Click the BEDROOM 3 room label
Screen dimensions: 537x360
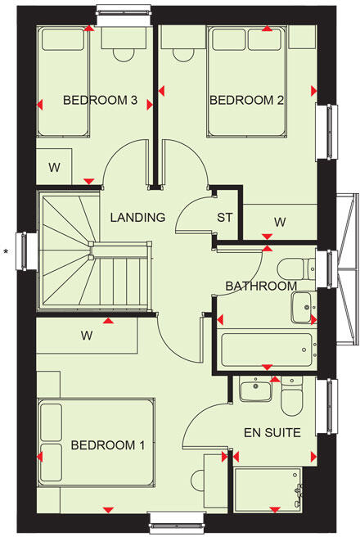coord(100,101)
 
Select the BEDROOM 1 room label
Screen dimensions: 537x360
coord(107,445)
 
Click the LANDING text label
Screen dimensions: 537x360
coord(137,218)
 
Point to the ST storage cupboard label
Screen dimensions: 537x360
coord(226,218)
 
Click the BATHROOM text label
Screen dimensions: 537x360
coord(261,286)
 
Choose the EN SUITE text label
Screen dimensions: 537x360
coord(272,431)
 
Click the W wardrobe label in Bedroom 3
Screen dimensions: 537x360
coord(54,168)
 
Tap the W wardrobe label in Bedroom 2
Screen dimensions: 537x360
coord(280,222)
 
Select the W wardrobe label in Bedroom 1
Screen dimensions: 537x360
coord(85,335)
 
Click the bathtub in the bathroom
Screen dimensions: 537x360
coord(265,350)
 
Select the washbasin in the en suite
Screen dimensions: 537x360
coord(254,390)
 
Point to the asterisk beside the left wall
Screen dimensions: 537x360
coord(7,251)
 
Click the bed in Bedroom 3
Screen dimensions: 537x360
coord(64,82)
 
